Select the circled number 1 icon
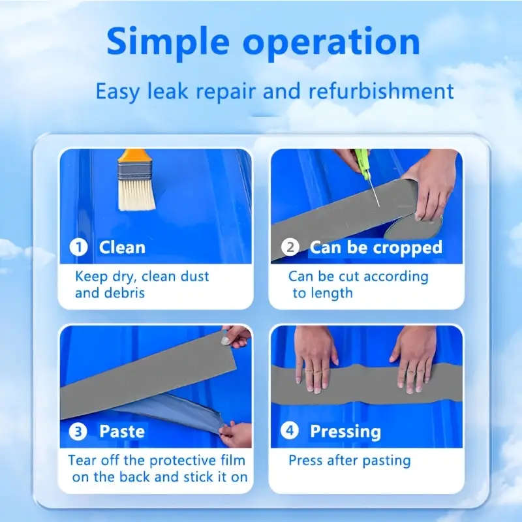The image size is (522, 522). [79, 247]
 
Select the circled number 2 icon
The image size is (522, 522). [290, 248]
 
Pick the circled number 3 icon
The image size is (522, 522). [79, 431]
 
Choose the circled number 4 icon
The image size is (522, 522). [290, 431]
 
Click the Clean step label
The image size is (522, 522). [122, 247]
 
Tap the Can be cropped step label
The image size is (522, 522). [376, 248]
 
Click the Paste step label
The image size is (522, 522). [122, 431]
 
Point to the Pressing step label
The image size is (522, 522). [345, 431]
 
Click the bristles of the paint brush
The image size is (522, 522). [136, 193]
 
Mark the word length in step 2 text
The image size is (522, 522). [331, 293]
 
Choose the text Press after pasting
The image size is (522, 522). [350, 461]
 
